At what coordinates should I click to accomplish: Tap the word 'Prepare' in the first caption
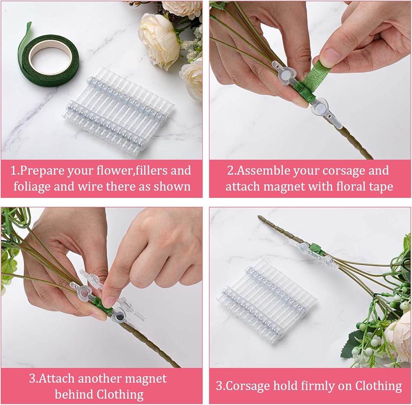coord(42,171)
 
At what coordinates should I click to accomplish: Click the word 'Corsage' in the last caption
coord(248,386)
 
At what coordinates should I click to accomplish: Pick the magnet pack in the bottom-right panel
coord(266,300)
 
